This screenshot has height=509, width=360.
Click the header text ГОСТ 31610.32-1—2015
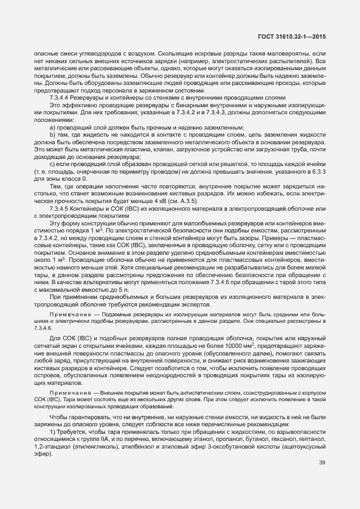302,36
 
